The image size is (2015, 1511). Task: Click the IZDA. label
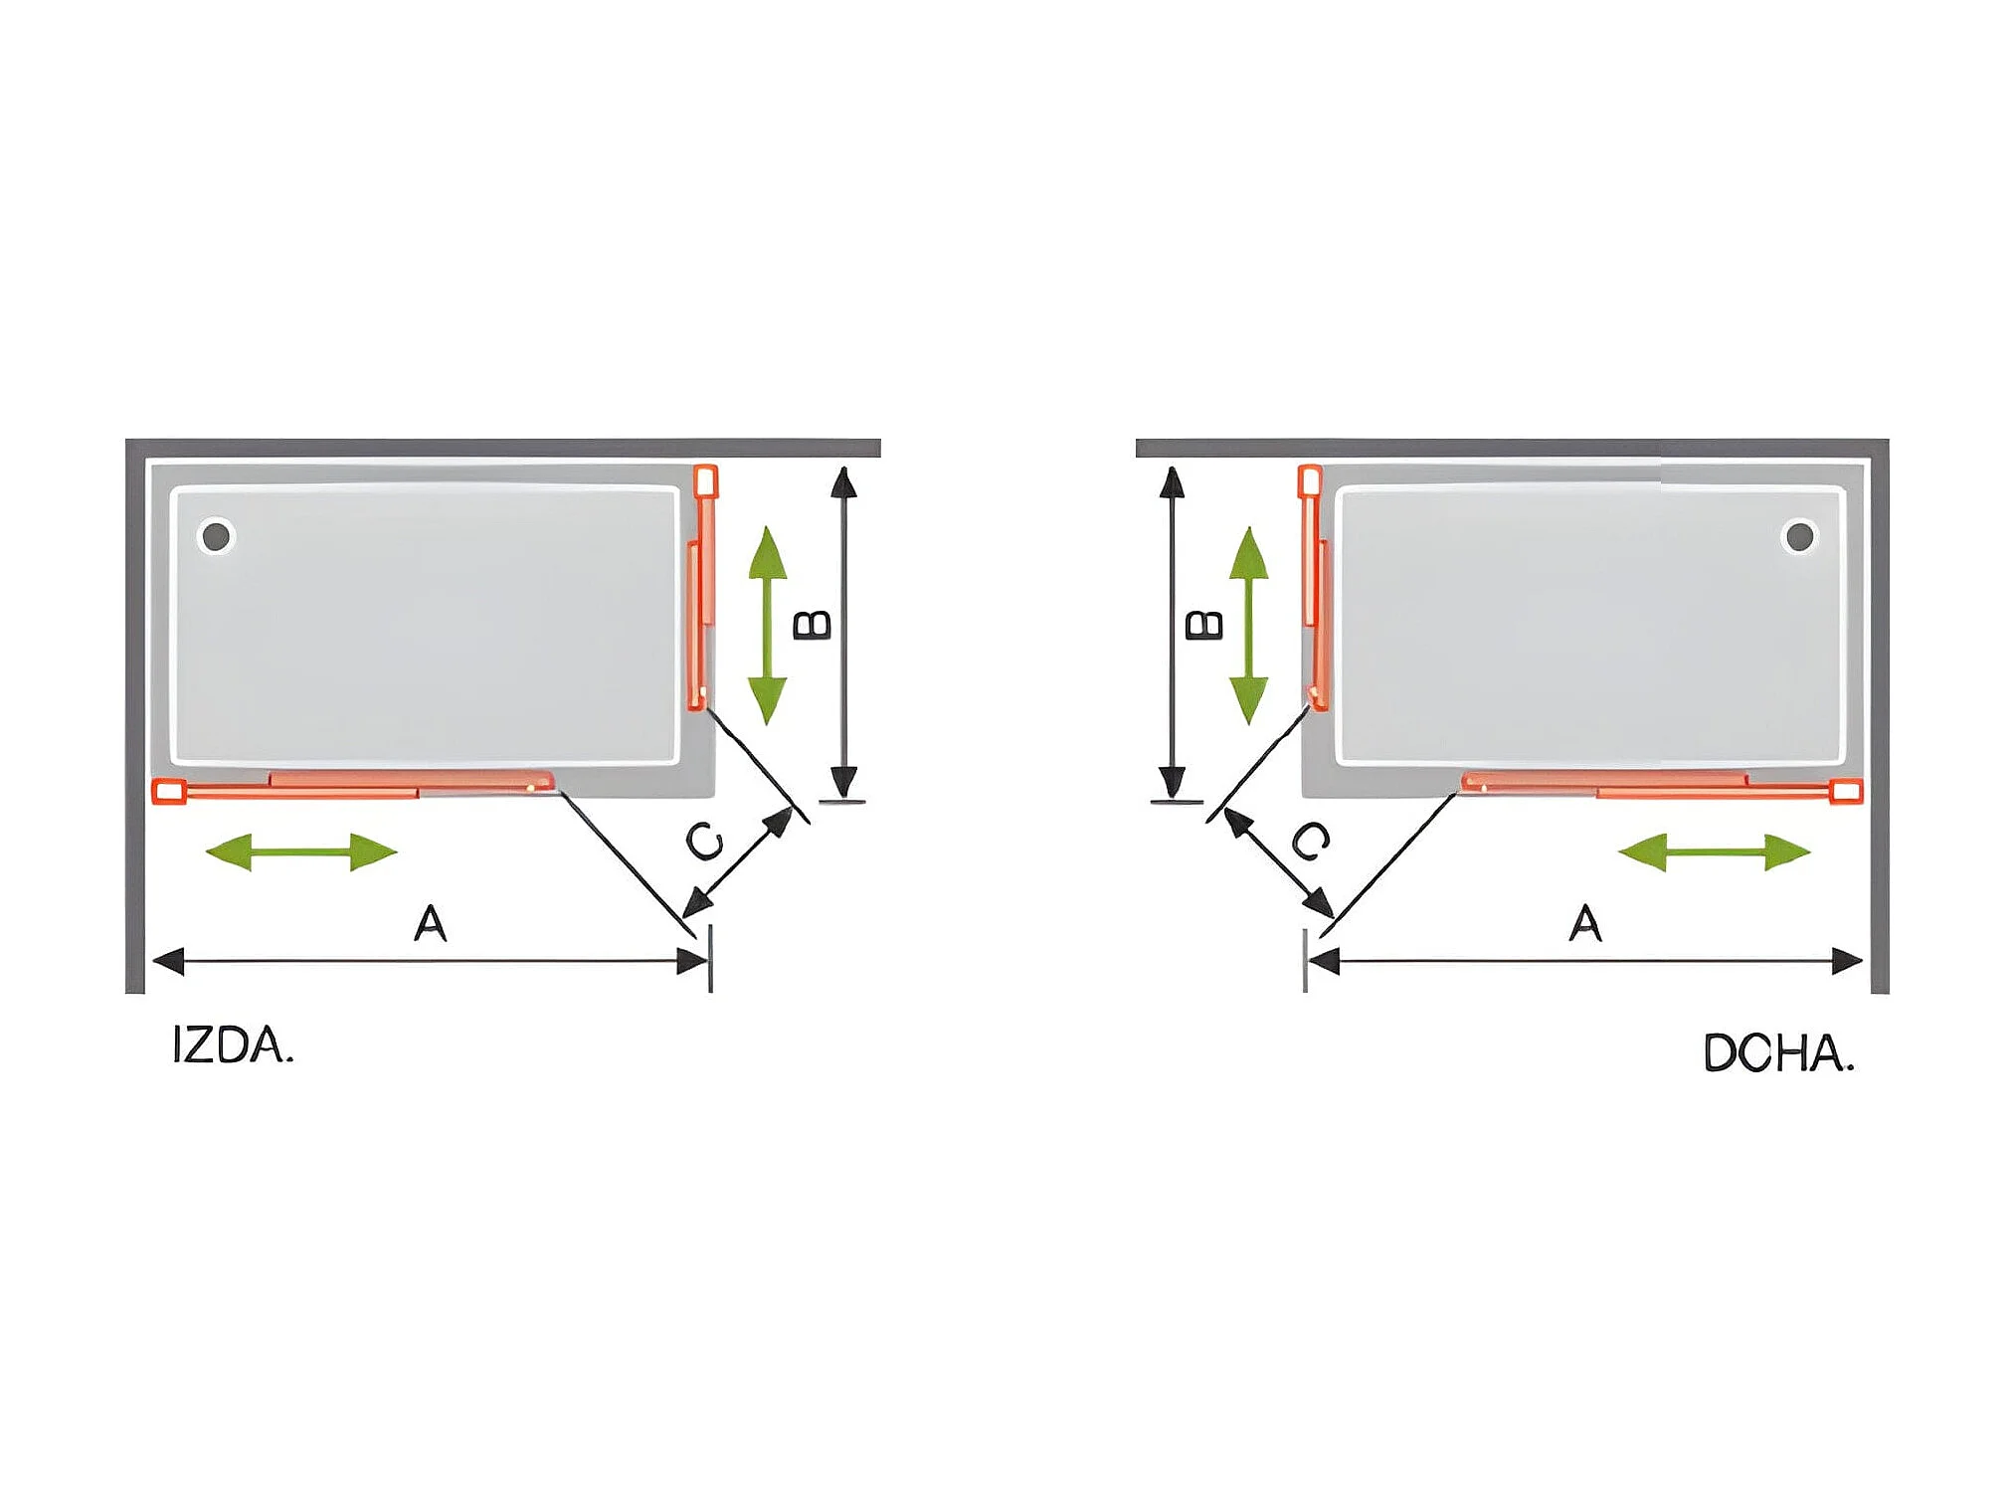(233, 1045)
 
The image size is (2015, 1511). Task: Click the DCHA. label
(1778, 1053)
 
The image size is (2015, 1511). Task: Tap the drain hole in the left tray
(216, 536)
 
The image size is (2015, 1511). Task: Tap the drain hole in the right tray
(1798, 536)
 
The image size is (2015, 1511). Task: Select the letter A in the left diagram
(431, 923)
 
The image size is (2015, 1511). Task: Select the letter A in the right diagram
(1585, 923)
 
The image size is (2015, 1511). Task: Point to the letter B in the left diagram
(813, 625)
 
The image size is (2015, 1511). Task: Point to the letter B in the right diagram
(1204, 625)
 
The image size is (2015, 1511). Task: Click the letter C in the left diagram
(706, 842)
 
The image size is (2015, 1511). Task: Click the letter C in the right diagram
(1310, 841)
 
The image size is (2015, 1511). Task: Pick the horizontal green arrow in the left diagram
(301, 851)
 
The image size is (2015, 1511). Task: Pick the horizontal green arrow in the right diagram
(1714, 851)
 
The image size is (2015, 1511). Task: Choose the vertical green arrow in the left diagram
(767, 625)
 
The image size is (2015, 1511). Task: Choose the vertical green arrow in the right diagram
(1248, 625)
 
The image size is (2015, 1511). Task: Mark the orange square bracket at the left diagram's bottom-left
(169, 792)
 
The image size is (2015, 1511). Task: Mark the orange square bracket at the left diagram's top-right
(705, 481)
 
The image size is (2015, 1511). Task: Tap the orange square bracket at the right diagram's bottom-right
(1846, 792)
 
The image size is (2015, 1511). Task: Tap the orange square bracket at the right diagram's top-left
(1310, 481)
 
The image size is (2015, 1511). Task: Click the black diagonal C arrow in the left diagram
(739, 862)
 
